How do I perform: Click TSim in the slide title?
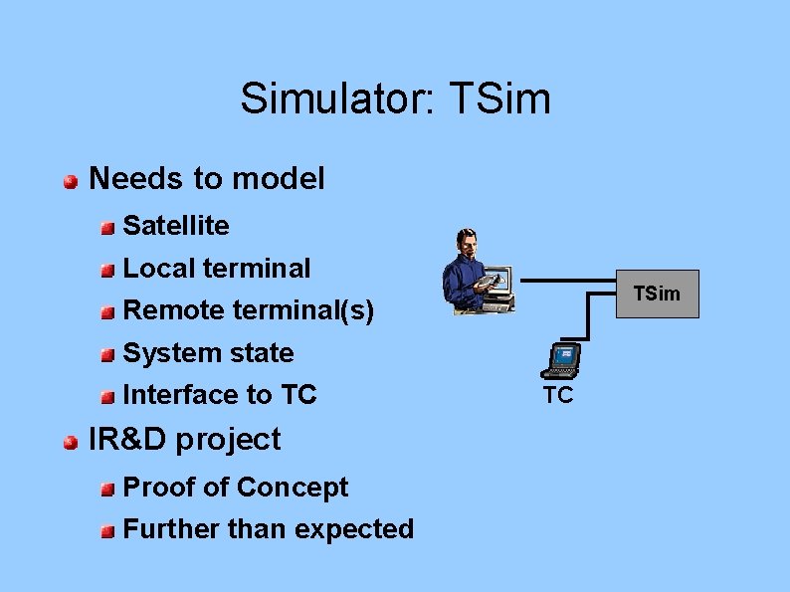(499, 99)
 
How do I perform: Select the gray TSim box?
(658, 294)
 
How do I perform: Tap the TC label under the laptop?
(558, 396)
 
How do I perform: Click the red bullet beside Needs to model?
(71, 181)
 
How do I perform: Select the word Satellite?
(175, 226)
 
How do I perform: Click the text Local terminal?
(216, 269)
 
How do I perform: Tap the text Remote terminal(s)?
(248, 311)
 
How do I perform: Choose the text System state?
(208, 353)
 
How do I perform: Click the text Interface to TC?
(219, 395)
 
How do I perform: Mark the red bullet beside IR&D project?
(71, 442)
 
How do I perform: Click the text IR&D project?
(185, 439)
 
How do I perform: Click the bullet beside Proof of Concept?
(106, 490)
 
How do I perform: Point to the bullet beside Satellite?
(106, 228)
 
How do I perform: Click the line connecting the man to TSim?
(567, 280)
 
